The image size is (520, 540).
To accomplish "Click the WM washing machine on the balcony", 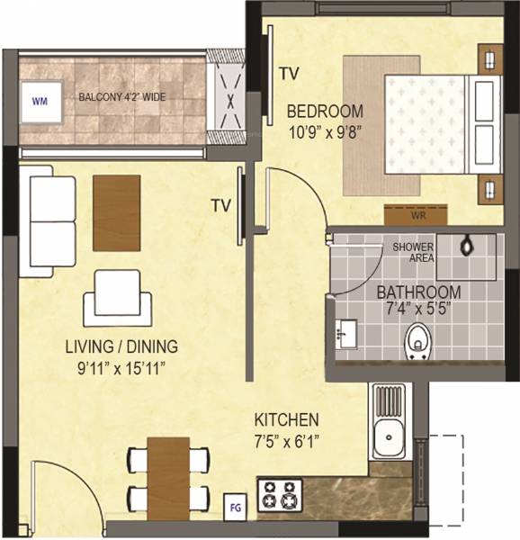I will coord(40,100).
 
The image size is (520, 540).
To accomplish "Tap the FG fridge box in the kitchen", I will coord(235,504).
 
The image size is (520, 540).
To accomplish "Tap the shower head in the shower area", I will coord(469,244).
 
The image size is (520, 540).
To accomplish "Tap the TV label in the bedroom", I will coord(288,72).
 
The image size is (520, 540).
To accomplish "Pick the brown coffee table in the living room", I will coord(116,212).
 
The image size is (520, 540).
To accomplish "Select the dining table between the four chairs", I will coord(168,476).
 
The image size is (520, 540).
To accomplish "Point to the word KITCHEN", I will coord(286,419).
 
